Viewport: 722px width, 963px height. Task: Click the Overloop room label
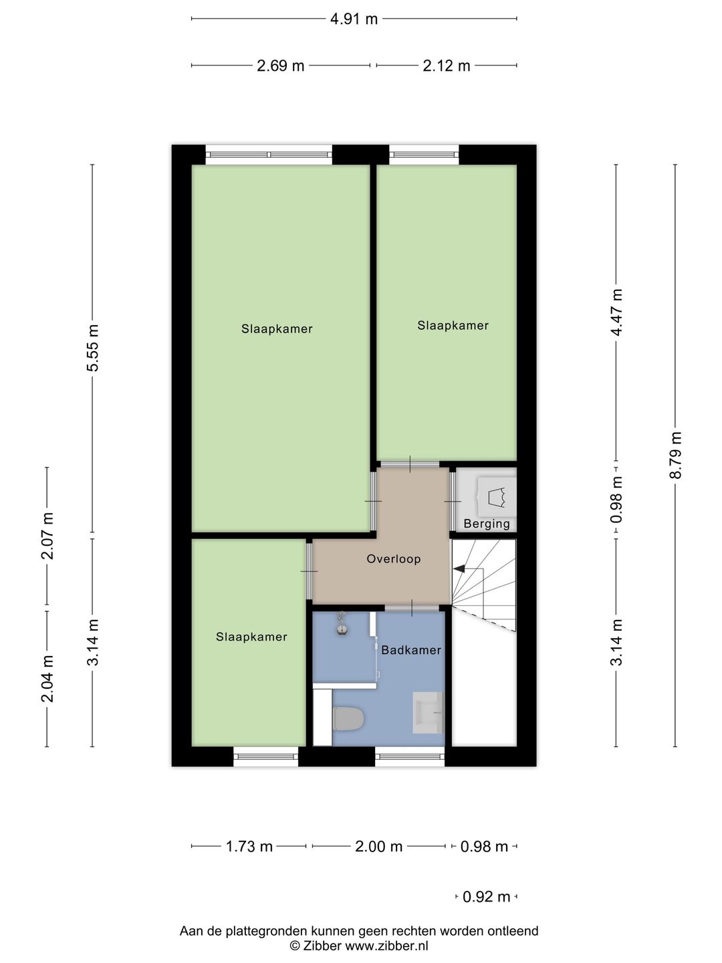(x=394, y=559)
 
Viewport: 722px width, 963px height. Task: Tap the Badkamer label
(x=411, y=650)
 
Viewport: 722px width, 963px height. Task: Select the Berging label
(x=487, y=524)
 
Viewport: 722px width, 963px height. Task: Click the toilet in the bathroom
(x=348, y=720)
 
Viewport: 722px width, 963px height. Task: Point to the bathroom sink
(x=428, y=713)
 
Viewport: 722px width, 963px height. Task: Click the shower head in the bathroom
(x=342, y=628)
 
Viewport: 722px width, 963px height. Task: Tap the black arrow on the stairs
(x=460, y=568)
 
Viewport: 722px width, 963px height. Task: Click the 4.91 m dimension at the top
(x=354, y=19)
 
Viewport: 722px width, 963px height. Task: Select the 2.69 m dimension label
(x=281, y=66)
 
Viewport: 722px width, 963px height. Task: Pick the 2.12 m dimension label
(x=446, y=66)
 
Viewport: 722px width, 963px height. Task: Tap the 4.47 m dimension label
(x=616, y=312)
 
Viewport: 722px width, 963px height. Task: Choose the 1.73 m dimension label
(x=249, y=847)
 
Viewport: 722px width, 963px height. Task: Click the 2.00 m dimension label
(x=378, y=847)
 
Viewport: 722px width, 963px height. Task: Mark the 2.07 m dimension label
(x=47, y=536)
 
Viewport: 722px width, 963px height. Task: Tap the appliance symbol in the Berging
(x=495, y=496)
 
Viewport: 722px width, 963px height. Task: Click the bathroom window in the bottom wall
(x=410, y=756)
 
